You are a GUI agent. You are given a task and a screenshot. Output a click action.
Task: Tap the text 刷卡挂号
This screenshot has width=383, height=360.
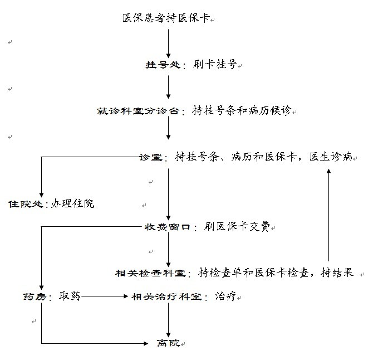(215, 65)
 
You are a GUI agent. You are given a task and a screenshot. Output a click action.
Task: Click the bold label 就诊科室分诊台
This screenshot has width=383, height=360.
(138, 111)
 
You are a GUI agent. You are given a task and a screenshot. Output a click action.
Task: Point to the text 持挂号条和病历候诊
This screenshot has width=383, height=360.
(242, 110)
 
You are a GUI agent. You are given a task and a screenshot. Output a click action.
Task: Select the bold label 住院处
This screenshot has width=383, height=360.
(25, 204)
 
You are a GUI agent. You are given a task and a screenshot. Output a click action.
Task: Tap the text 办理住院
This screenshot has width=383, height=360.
(73, 203)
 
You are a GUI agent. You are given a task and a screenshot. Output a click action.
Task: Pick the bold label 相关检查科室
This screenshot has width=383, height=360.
(150, 273)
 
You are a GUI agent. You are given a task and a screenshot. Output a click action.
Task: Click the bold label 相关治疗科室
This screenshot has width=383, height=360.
(166, 297)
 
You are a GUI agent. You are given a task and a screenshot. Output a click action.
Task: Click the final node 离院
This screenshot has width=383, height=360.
(168, 343)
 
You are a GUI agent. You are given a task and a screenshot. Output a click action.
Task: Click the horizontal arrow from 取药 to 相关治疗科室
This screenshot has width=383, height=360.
(105, 297)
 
